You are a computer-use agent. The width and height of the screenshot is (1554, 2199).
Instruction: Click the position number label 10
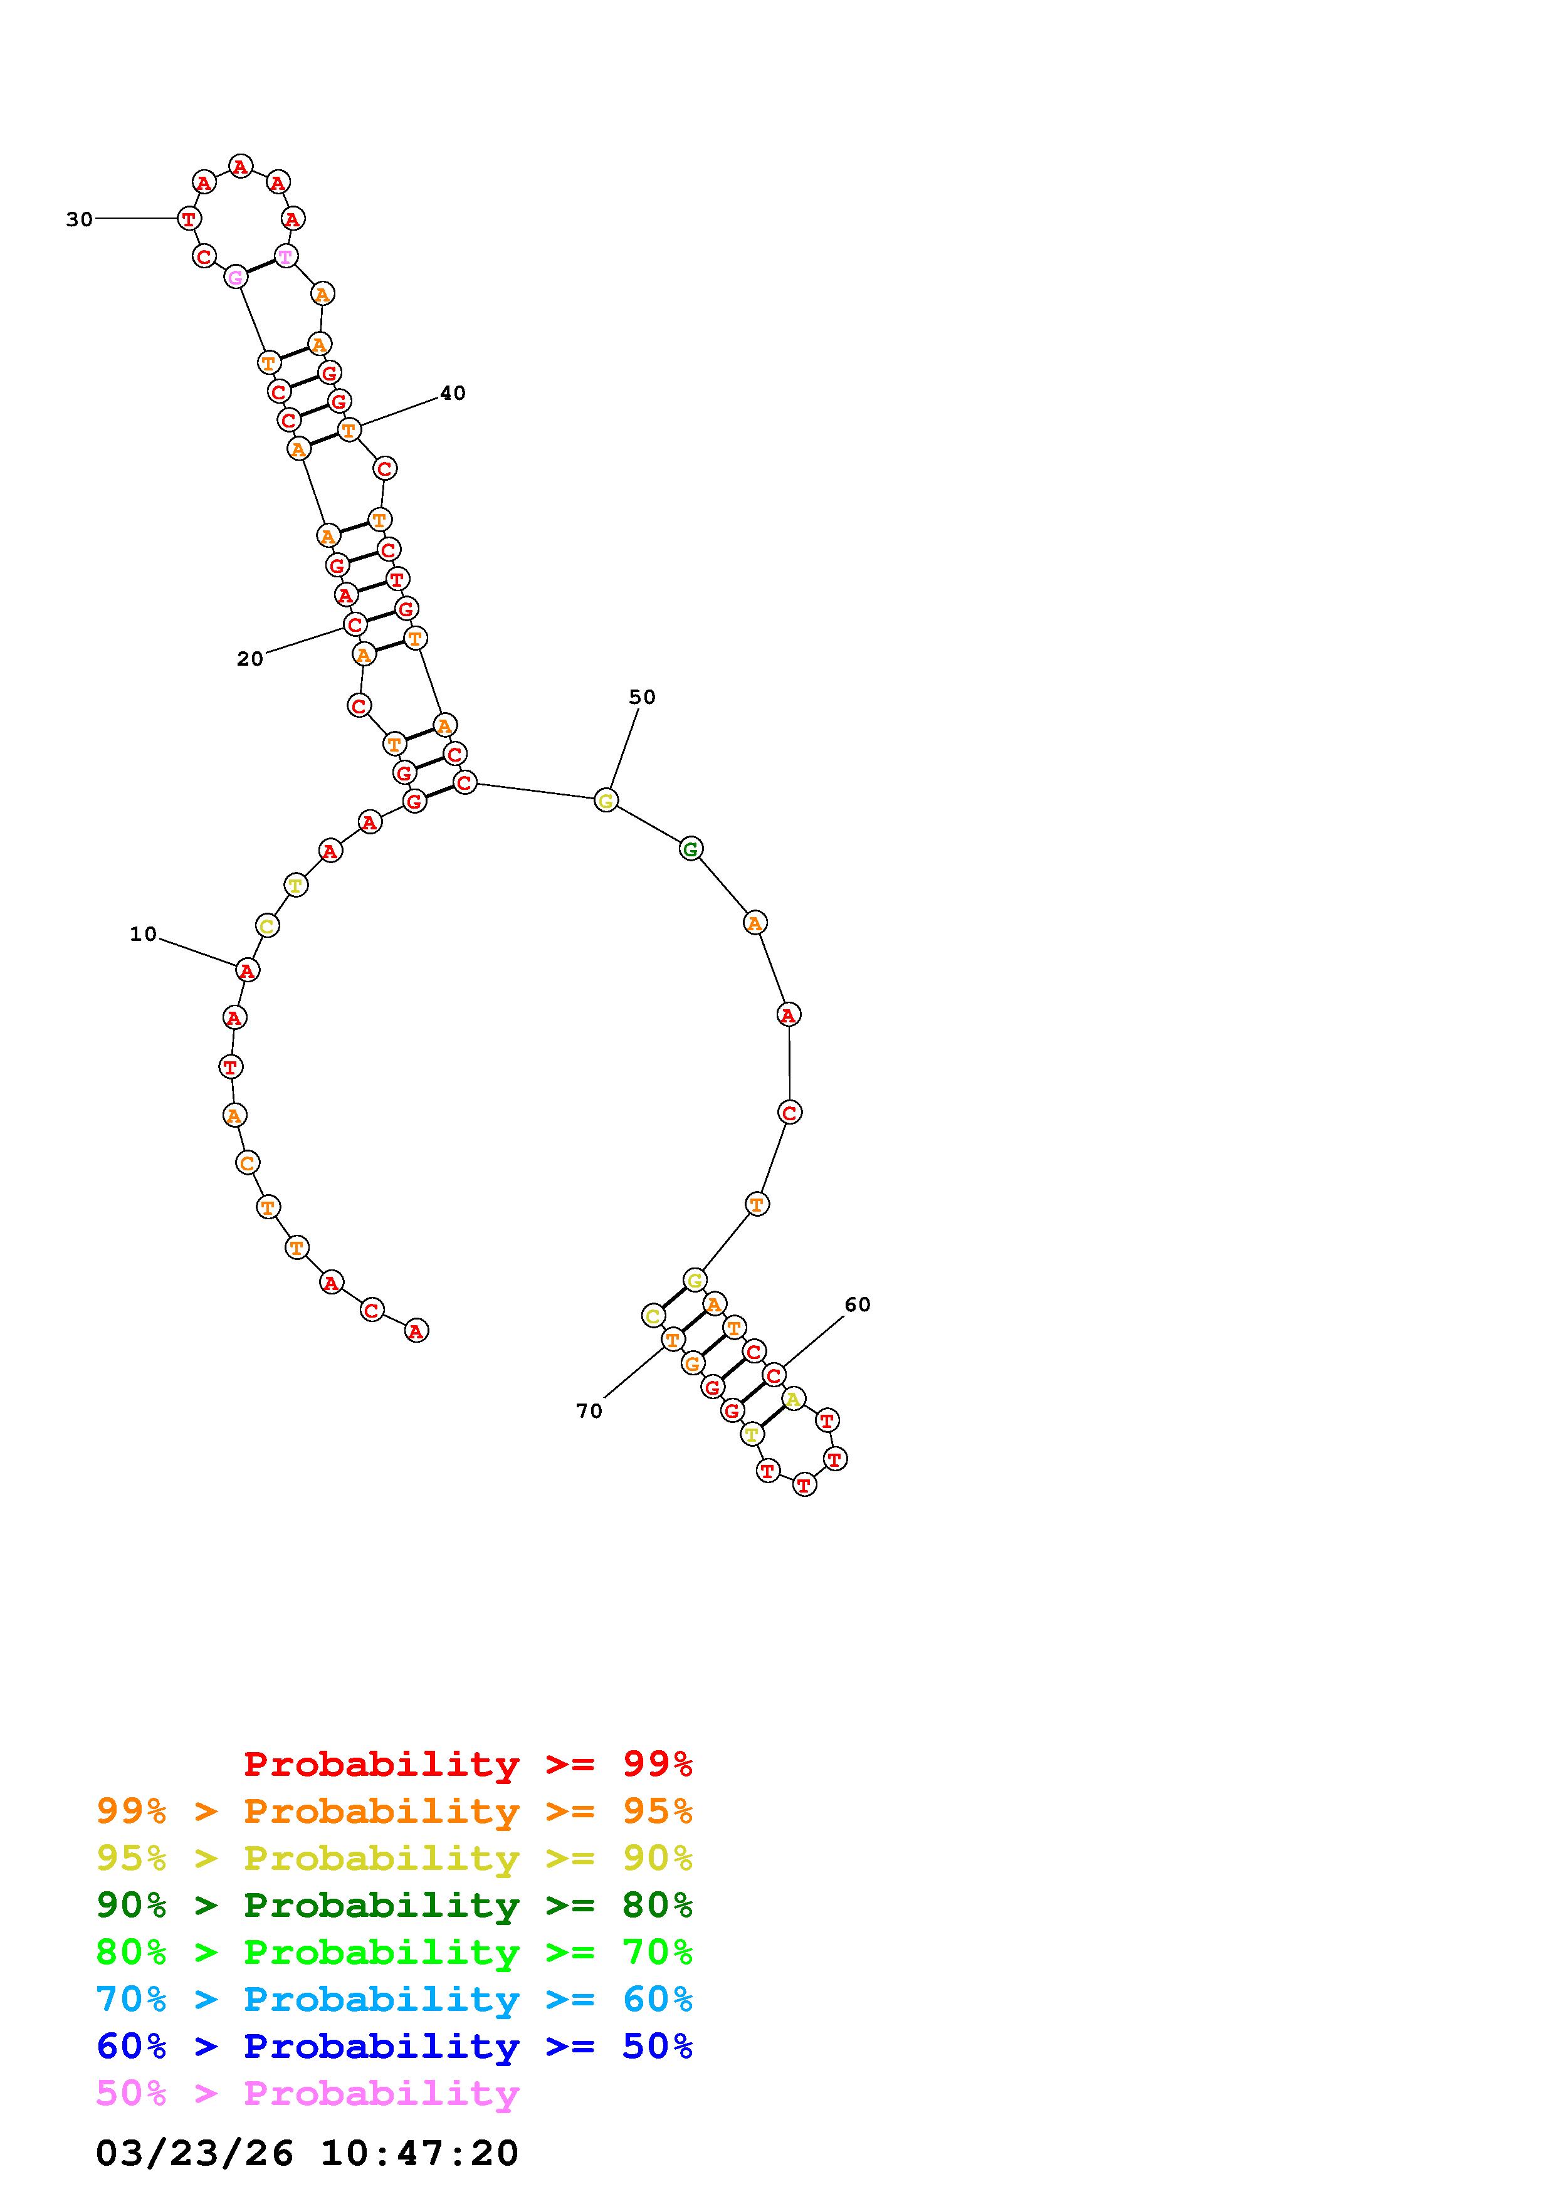[143, 934]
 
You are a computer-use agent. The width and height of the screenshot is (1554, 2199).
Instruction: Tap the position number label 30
[80, 219]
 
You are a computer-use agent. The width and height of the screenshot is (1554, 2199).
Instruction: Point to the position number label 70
[589, 1411]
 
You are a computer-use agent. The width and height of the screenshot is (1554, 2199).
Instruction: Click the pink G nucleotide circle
[236, 278]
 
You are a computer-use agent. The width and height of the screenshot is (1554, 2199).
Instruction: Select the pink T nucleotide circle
[285, 256]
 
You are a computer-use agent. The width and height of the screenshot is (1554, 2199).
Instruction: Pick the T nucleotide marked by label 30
[189, 218]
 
